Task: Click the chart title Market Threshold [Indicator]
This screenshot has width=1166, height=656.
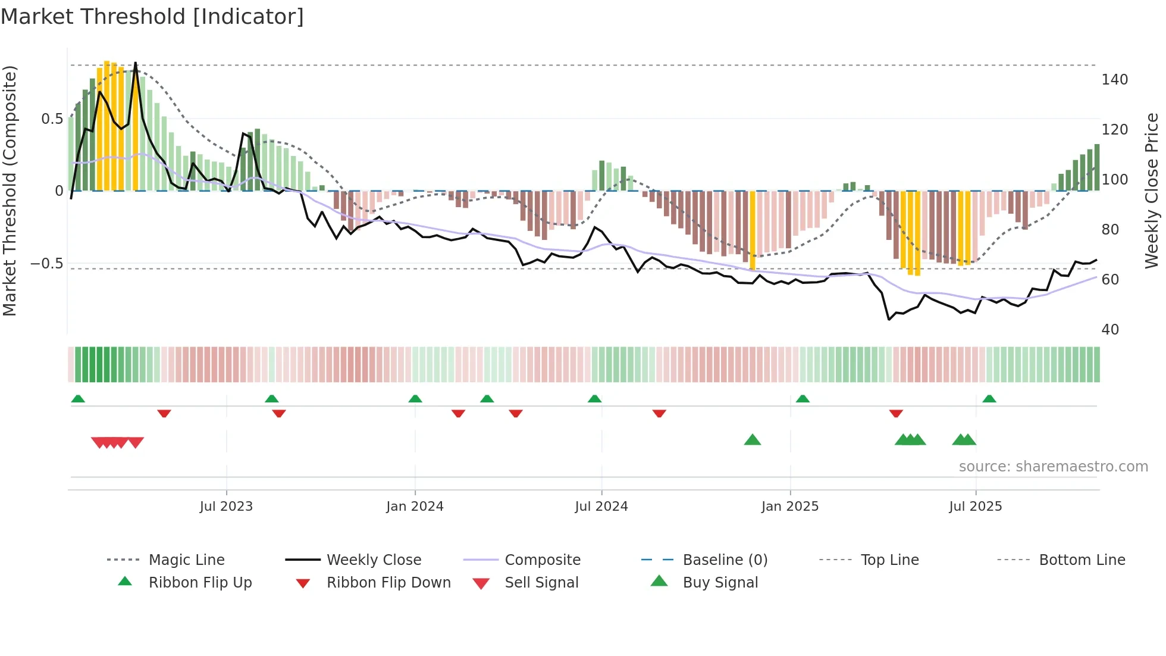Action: (x=152, y=17)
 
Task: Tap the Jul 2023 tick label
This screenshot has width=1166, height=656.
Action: (x=226, y=507)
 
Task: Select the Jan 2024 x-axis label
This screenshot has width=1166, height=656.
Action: (x=415, y=507)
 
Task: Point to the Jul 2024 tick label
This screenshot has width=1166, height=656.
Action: (x=601, y=507)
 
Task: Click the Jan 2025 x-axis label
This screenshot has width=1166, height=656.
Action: (x=790, y=507)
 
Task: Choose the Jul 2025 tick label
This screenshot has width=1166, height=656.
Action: (x=976, y=507)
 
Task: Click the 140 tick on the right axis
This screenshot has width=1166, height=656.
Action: (x=1114, y=79)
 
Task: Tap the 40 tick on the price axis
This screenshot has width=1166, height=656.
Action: (x=1110, y=330)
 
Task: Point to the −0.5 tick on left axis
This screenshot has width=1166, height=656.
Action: (x=47, y=263)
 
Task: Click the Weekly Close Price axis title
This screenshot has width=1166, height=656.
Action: (x=1152, y=190)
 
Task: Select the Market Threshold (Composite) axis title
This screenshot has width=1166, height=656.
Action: (x=10, y=190)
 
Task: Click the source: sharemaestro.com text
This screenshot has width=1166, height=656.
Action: (x=1053, y=467)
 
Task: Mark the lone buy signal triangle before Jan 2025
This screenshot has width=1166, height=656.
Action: (x=753, y=440)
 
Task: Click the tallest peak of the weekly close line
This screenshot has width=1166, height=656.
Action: (x=136, y=63)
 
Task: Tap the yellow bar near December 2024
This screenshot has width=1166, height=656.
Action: (x=753, y=229)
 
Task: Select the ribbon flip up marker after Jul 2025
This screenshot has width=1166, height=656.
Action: (x=989, y=398)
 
